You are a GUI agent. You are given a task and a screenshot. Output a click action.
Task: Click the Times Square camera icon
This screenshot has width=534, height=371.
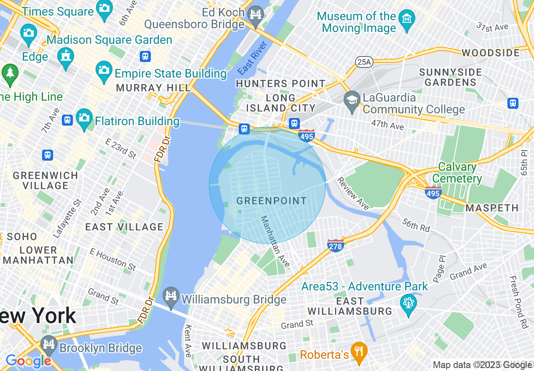[104, 8]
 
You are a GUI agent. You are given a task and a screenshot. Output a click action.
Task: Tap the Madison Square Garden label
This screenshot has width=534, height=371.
[109, 40]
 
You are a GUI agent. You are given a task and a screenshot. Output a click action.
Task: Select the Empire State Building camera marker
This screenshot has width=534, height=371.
[104, 69]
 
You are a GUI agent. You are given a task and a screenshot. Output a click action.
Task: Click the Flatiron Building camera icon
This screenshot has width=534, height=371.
[84, 117]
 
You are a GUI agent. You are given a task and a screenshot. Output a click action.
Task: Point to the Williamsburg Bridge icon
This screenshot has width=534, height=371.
[171, 295]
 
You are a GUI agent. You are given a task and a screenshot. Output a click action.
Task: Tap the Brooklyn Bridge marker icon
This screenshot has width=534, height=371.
[49, 344]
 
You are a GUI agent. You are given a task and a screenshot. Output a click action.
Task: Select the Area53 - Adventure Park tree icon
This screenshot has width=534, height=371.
[409, 303]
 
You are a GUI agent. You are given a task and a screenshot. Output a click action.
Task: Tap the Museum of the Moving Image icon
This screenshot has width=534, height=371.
[407, 19]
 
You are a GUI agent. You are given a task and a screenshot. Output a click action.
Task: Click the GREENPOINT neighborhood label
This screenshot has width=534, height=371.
[272, 201]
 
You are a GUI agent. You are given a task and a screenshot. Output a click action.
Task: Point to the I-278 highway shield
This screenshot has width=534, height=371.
[335, 245]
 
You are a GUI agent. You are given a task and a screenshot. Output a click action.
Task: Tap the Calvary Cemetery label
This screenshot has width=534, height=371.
[457, 173]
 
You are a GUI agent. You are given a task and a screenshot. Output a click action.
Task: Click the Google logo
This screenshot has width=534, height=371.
[28, 361]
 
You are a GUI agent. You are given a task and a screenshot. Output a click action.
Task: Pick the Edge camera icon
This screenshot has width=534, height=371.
[29, 32]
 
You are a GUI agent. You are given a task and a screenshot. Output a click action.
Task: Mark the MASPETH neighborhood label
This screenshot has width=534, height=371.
[492, 208]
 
